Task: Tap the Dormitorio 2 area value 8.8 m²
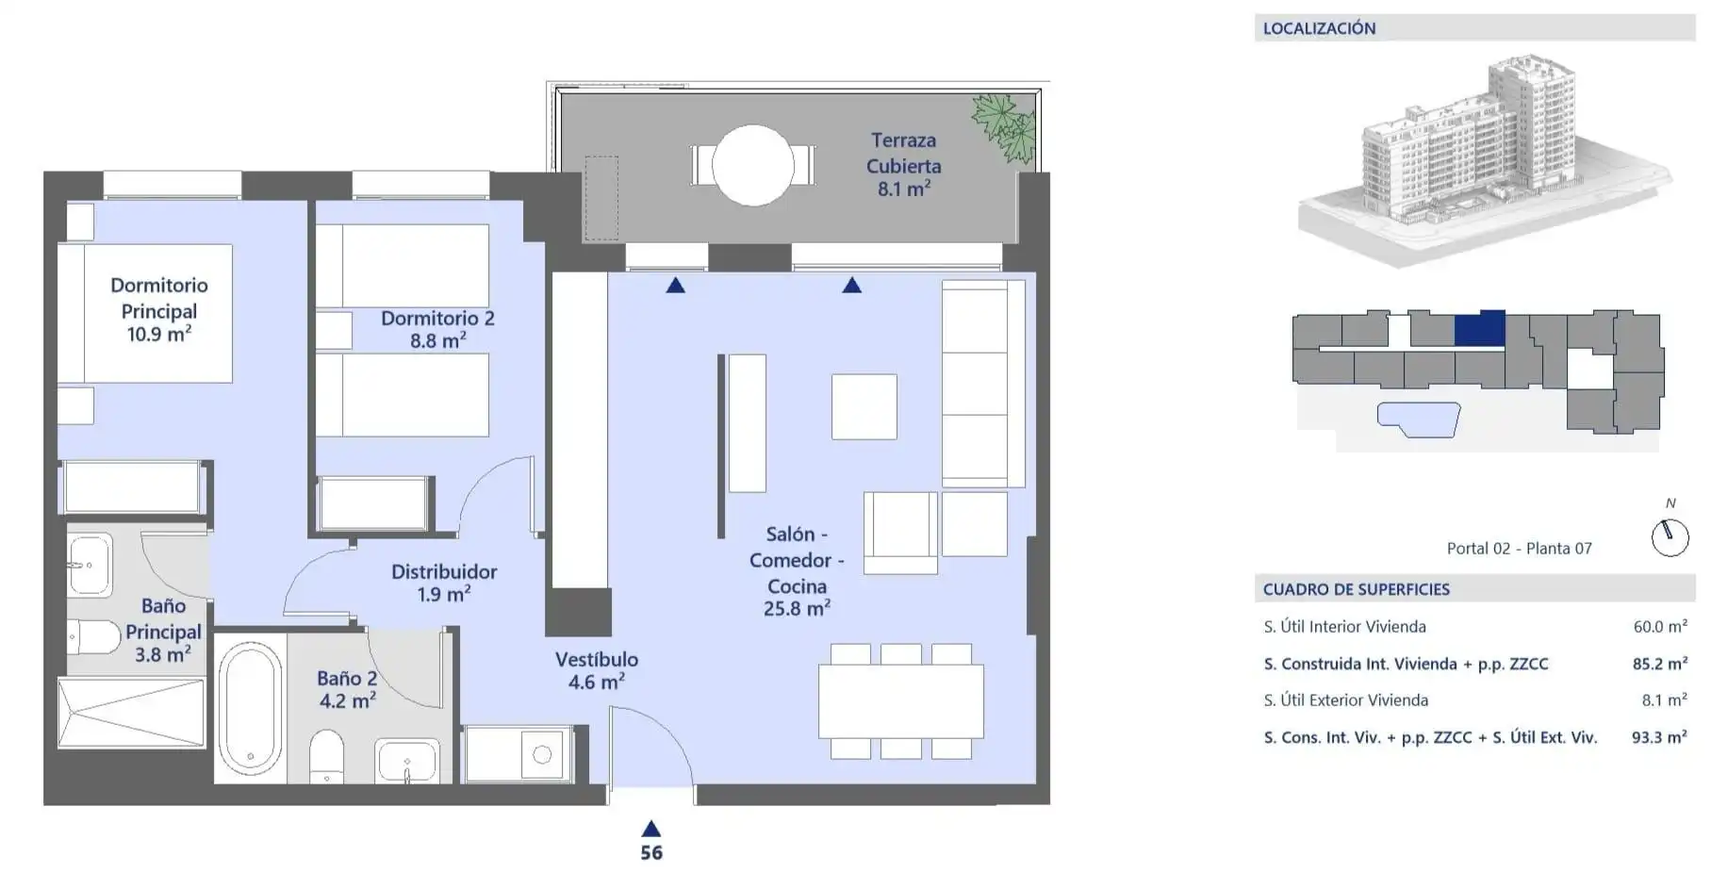tap(438, 340)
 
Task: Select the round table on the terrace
tap(753, 165)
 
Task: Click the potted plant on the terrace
tap(1005, 127)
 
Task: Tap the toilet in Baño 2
tap(327, 755)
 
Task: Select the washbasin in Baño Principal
tap(90, 565)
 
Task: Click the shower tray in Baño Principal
tap(131, 713)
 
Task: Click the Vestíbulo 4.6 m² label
tap(597, 670)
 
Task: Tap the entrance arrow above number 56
tap(651, 829)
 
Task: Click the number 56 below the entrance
tap(651, 853)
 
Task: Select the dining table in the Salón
tap(901, 701)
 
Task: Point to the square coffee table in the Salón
tap(864, 406)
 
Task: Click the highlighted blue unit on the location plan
tap(1479, 328)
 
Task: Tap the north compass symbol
tap(1670, 536)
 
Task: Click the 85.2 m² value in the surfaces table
tap(1659, 664)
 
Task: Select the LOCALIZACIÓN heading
tap(1319, 28)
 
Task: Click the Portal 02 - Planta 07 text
tap(1520, 549)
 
